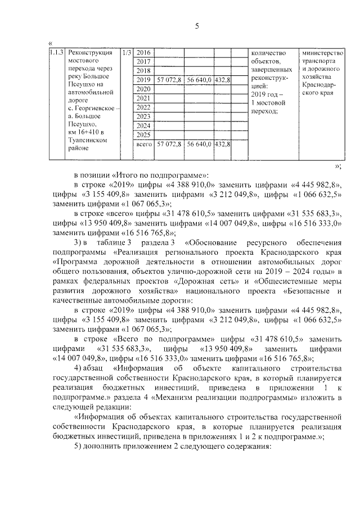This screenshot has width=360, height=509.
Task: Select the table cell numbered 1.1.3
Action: [x=56, y=52]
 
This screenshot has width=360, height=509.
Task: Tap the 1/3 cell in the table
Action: [x=127, y=52]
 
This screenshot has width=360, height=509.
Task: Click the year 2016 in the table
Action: [x=144, y=52]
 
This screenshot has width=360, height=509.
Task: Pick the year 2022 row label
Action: [x=144, y=107]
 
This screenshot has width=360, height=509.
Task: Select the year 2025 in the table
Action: [x=144, y=135]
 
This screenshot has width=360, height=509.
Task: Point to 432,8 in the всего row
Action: [x=223, y=145]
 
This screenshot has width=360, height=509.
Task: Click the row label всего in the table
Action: [x=145, y=145]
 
